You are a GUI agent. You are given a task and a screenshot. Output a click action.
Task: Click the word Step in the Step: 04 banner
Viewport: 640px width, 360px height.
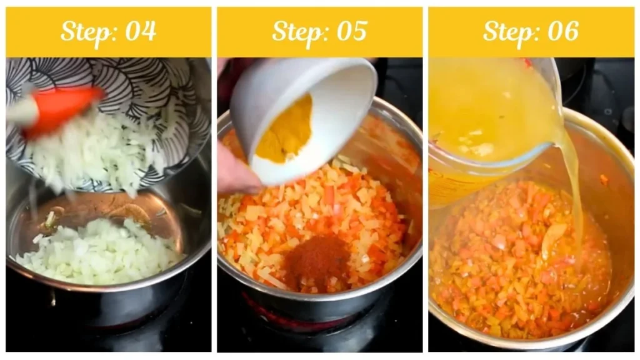[86, 31]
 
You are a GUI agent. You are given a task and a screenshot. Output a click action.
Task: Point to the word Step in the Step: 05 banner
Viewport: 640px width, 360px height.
[297, 31]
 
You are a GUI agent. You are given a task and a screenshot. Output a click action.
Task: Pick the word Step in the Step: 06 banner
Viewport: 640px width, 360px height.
[508, 31]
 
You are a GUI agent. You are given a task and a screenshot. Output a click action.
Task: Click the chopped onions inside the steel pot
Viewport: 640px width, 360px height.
[100, 250]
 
